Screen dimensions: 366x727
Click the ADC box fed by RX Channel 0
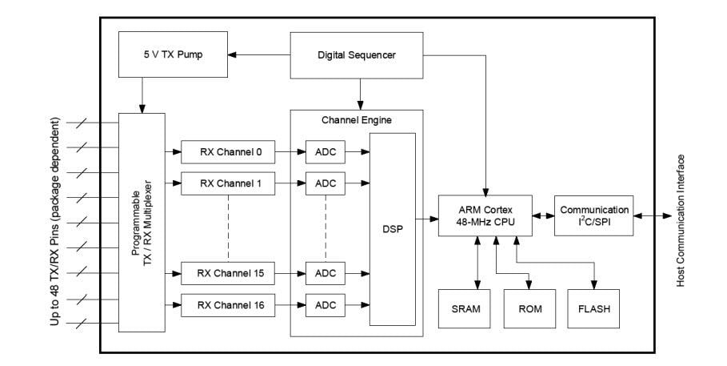pyautogui.click(x=326, y=151)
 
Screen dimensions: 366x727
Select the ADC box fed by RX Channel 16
pyautogui.click(x=326, y=304)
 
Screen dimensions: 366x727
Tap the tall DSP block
pyautogui.click(x=393, y=228)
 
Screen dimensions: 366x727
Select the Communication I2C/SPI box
pyautogui.click(x=593, y=215)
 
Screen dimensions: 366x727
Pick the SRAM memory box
pyautogui.click(x=465, y=309)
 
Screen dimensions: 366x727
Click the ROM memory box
pyautogui.click(x=529, y=309)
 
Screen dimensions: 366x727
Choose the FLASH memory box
pyautogui.click(x=593, y=309)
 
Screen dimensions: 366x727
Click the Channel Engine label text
pyautogui.click(x=356, y=120)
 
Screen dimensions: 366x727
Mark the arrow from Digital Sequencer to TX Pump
pyautogui.click(x=257, y=55)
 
